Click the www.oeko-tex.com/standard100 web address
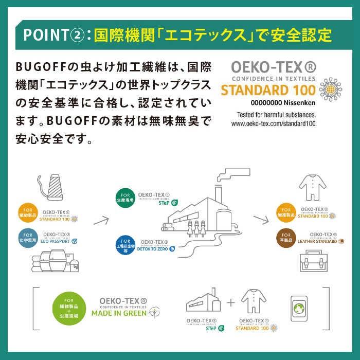273,123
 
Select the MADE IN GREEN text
119,312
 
